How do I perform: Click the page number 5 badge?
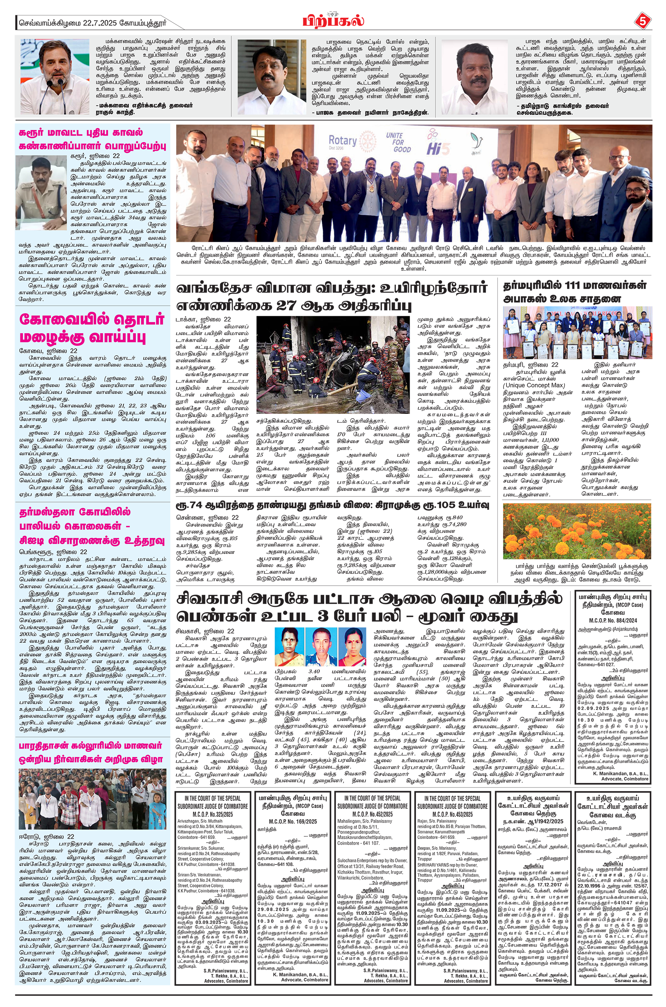point(643,21)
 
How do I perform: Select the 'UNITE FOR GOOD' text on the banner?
point(398,142)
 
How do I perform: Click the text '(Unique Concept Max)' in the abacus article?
point(534,385)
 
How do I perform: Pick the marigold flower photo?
point(576,531)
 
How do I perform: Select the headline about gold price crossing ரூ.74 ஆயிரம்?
point(332,505)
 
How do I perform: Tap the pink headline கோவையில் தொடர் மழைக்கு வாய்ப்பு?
point(91,328)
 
